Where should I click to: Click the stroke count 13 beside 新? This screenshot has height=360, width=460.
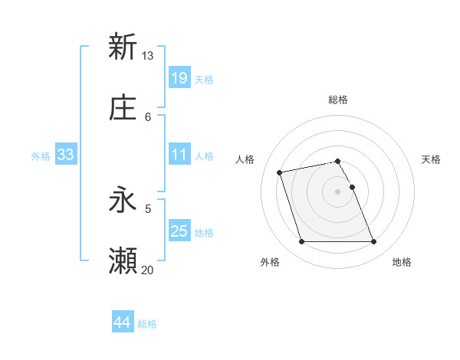click(x=147, y=56)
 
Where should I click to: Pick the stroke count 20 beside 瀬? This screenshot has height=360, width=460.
click(x=147, y=270)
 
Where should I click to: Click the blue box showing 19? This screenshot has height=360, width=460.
click(x=179, y=78)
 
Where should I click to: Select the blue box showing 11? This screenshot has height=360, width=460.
click(x=179, y=155)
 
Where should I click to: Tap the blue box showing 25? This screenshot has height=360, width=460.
click(x=179, y=231)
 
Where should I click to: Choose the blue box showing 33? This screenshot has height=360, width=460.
click(x=66, y=155)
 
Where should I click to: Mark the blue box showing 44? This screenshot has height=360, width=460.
click(x=122, y=322)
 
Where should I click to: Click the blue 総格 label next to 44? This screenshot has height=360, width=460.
click(x=147, y=324)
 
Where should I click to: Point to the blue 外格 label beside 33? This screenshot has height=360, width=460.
click(x=41, y=155)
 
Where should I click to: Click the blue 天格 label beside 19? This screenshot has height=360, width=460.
click(x=204, y=79)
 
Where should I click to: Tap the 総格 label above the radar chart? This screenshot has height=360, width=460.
click(x=338, y=100)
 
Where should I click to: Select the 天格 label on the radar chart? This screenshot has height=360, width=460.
click(x=432, y=159)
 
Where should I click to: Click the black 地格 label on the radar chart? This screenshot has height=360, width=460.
click(x=402, y=262)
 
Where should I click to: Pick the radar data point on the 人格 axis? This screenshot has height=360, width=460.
click(x=280, y=172)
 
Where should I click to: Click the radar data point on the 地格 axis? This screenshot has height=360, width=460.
click(x=373, y=242)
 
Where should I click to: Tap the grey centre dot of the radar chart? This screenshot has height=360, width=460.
click(x=338, y=191)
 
